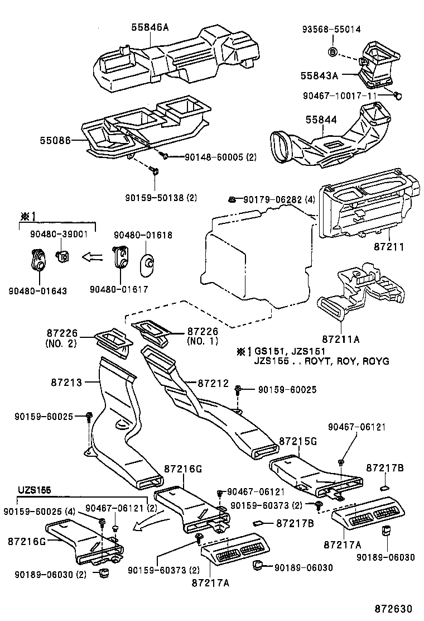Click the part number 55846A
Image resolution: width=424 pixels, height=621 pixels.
point(150,26)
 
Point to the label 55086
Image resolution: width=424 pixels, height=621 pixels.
point(55,141)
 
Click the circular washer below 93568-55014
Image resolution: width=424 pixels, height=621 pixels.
point(333,52)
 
